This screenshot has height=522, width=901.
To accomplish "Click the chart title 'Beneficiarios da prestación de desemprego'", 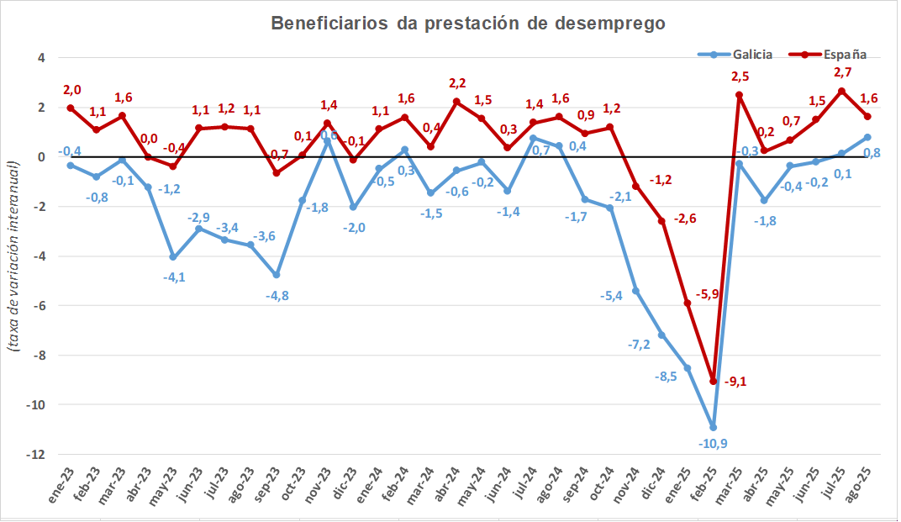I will tap(468, 24).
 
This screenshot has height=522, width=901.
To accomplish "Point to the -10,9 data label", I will tap(714, 443).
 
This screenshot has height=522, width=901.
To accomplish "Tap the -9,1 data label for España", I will tap(734, 382).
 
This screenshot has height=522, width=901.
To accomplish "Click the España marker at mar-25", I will tap(739, 95).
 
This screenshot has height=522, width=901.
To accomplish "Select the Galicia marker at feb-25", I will tap(714, 427).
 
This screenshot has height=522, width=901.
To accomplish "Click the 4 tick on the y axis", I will tap(40, 58).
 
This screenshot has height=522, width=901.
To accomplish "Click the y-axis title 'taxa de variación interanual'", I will tap(14, 256).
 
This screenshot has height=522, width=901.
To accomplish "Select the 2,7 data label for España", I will tap(843, 72).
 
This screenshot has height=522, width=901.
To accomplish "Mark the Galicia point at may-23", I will tap(173, 257).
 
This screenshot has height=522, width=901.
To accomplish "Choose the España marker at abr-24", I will tap(456, 102).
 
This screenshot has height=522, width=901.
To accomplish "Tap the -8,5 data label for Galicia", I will tap(666, 376).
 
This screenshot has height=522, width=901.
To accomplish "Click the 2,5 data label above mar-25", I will tap(740, 77).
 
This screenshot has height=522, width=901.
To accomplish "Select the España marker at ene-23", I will tap(71, 108).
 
